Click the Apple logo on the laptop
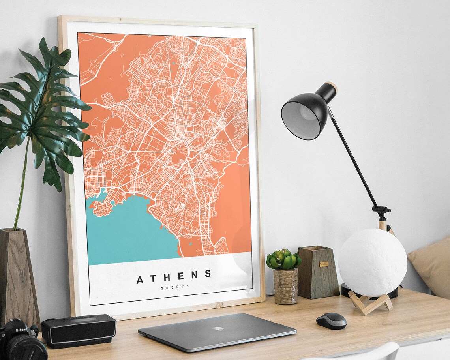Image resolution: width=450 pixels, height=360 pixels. [x=217, y=328]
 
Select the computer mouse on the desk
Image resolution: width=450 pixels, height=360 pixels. [x=331, y=321]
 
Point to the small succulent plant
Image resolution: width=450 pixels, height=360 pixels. [x=283, y=259]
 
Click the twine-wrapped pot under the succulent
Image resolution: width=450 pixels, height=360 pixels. [x=285, y=286]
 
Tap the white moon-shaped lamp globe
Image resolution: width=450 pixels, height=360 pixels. [x=372, y=262]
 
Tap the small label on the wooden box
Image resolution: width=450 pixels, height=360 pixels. [x=324, y=264]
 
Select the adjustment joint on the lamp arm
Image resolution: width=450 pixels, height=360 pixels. [x=381, y=211]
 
